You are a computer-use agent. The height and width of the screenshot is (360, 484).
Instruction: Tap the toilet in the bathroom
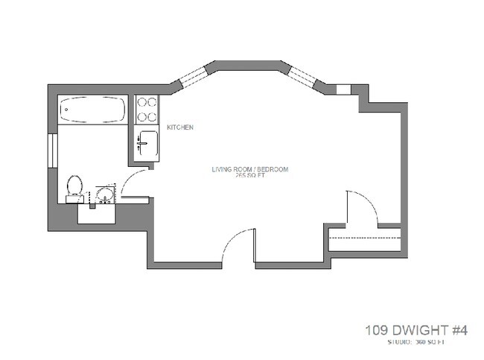(x=74, y=186)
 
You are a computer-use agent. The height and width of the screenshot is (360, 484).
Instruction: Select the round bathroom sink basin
(x=105, y=197)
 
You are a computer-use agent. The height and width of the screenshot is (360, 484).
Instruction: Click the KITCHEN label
(x=180, y=127)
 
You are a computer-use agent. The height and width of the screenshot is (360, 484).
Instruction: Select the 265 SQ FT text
(x=251, y=177)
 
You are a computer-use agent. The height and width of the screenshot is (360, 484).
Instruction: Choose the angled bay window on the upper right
(x=302, y=75)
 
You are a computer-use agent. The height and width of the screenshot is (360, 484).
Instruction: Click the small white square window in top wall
(x=343, y=89)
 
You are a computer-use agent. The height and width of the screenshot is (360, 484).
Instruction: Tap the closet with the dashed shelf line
(x=366, y=243)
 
